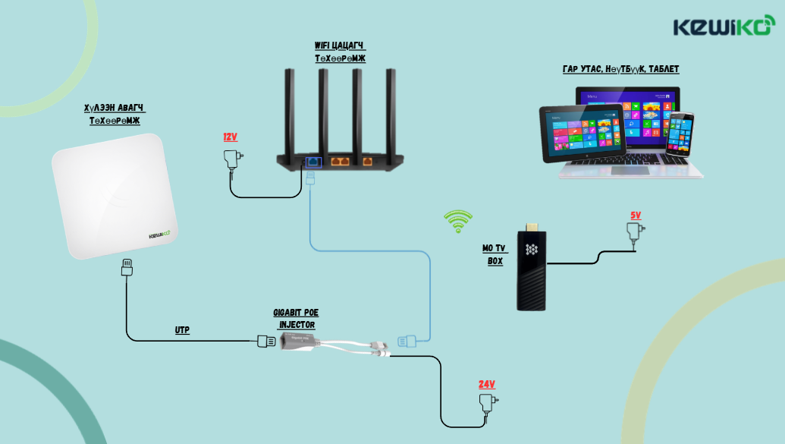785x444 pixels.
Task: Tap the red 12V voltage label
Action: pyautogui.click(x=230, y=137)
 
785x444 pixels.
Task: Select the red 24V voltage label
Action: pyautogui.click(x=486, y=384)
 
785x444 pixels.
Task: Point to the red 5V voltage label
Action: pyautogui.click(x=635, y=216)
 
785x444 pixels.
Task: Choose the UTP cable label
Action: pyautogui.click(x=182, y=330)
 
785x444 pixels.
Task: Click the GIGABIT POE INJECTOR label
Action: pyautogui.click(x=294, y=319)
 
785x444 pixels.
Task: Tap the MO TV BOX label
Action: pyautogui.click(x=495, y=254)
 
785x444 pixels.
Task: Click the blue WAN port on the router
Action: pyautogui.click(x=312, y=161)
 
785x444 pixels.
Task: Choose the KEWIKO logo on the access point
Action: pyautogui.click(x=161, y=235)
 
